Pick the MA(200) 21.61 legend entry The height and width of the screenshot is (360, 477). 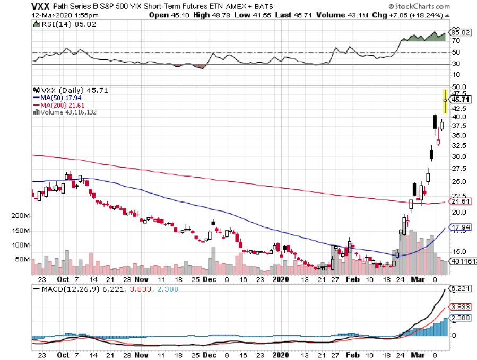click(64, 104)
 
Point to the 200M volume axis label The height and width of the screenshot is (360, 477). click(21, 216)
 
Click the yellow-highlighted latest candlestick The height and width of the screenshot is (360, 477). click(445, 101)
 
